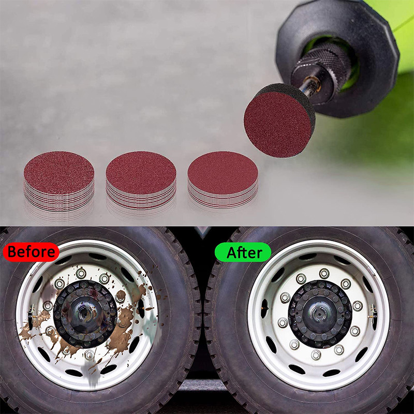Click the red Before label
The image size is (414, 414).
[31, 252]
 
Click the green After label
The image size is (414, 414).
[243, 252]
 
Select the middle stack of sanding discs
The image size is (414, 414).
[141, 180]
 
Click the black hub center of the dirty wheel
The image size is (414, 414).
[85, 314]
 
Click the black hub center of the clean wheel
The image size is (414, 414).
[320, 314]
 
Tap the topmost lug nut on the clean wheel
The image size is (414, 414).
[324, 274]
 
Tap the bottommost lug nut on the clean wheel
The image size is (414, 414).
[316, 355]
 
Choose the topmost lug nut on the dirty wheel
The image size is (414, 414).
[81, 274]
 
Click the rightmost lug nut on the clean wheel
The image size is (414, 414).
[358, 306]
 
